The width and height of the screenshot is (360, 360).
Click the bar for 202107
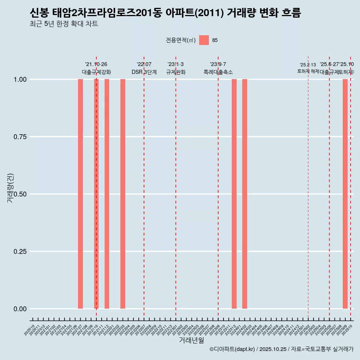pyautogui.click(x=80, y=194)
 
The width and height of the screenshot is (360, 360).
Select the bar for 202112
pyautogui.click(x=107, y=194)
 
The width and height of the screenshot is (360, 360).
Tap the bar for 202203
pyautogui.click(x=123, y=194)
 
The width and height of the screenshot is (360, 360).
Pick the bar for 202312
pyautogui.click(x=234, y=194)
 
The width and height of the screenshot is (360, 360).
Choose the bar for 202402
pyautogui.click(x=244, y=194)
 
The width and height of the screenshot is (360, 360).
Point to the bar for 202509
pyautogui.click(x=345, y=194)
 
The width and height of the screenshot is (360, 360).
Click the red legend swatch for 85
pyautogui.click(x=204, y=40)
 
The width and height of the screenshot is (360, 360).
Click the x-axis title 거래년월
pyautogui.click(x=192, y=340)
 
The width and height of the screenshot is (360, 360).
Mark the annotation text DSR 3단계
pyautogui.click(x=144, y=72)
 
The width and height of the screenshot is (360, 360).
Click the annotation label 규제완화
pyautogui.click(x=176, y=72)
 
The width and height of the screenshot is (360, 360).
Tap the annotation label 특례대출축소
pyautogui.click(x=218, y=72)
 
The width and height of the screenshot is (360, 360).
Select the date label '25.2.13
pyautogui.click(x=308, y=65)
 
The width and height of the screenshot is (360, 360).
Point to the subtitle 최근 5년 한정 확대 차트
pyautogui.click(x=64, y=24)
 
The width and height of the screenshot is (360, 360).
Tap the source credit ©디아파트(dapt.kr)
pyautogui.click(x=232, y=349)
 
